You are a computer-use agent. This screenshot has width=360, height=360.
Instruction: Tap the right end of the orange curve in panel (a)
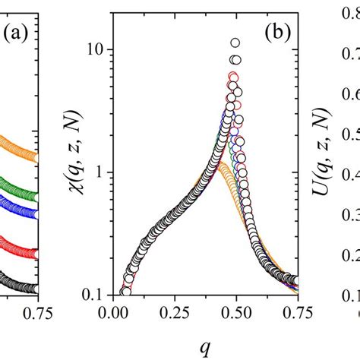click(33, 157)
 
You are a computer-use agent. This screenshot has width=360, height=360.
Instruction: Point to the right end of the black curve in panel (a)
click(33, 288)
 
